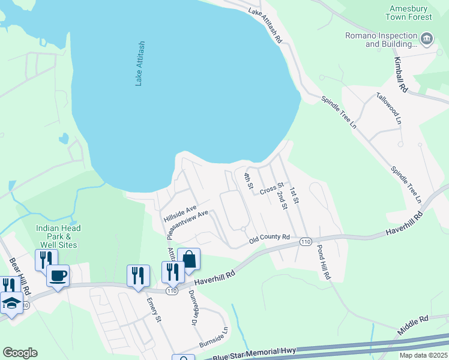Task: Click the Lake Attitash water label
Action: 140,64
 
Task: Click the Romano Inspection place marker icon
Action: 427,40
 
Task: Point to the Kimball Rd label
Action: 400,74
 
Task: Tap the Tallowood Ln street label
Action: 388,108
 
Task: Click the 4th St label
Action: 247,181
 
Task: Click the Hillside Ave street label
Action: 180,214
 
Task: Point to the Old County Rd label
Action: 270,239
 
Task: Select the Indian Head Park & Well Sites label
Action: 58,236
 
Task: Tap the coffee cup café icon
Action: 58,275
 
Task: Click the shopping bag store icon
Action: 188,259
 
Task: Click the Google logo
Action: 20,353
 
